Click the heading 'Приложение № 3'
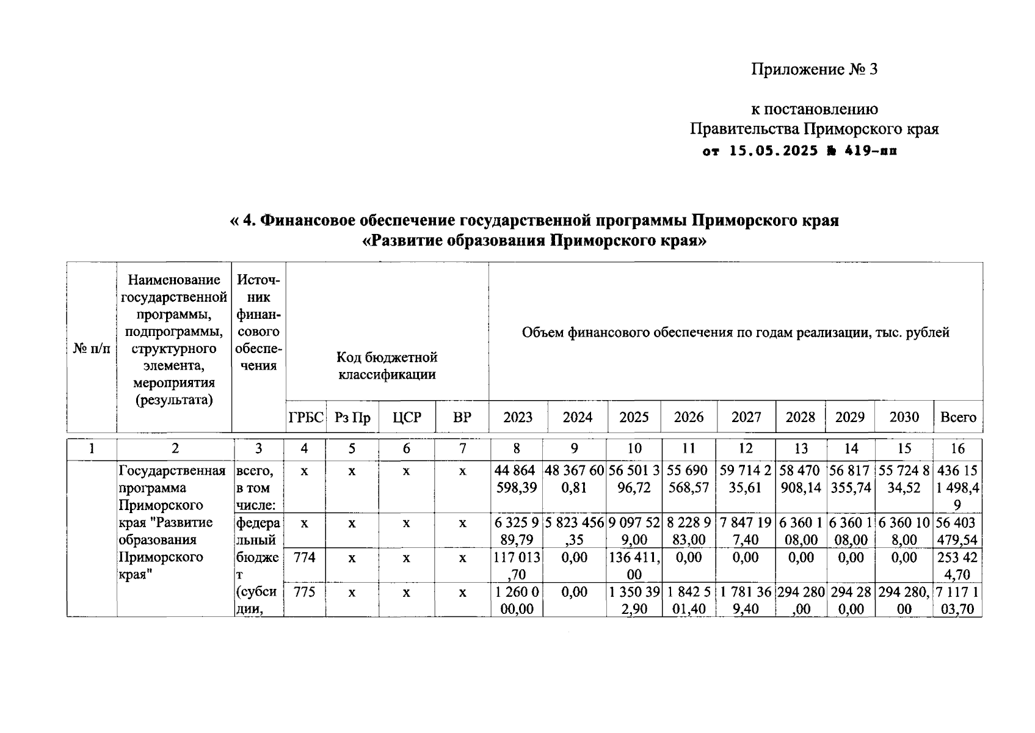[x=814, y=69]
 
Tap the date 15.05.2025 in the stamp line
[x=774, y=151]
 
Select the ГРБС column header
[x=306, y=417]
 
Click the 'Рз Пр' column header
[x=352, y=417]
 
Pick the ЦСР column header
[x=407, y=417]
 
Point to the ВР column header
[x=462, y=417]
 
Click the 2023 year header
[x=518, y=417]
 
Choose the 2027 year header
[x=746, y=417]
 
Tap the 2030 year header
[x=904, y=417]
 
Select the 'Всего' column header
[x=958, y=417]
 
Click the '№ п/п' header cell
[x=92, y=349]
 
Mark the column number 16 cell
[x=957, y=449]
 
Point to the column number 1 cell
[x=92, y=449]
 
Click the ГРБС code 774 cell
[x=304, y=557]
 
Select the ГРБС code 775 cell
[x=304, y=592]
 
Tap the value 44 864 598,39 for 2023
[x=517, y=480]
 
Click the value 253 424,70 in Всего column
[x=957, y=566]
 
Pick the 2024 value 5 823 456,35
[x=574, y=531]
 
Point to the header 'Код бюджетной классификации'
[x=387, y=365]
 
